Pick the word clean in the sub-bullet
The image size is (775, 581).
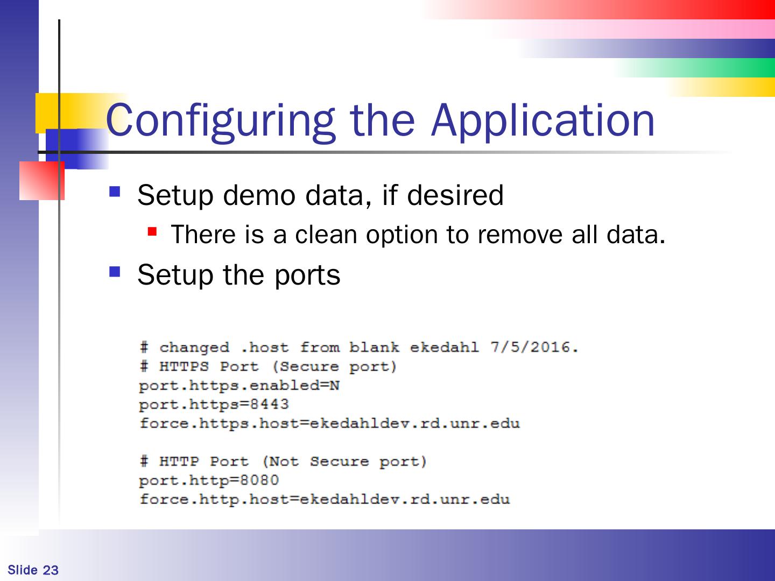pos(325,235)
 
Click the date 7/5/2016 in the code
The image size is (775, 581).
pos(534,347)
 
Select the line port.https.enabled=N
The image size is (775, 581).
pos(239,386)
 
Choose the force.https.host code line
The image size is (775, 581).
pos(329,423)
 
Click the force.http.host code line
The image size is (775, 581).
pos(324,499)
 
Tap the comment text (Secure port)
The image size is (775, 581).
pos(334,366)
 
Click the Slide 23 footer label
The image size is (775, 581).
pos(33,570)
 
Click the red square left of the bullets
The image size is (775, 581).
pos(41,181)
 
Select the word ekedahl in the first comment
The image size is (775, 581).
pos(444,347)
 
